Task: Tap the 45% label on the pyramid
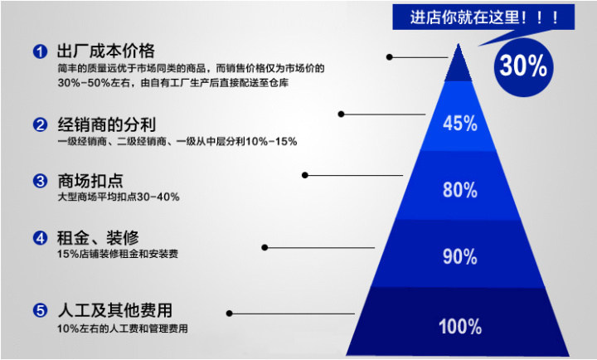(x=460, y=124)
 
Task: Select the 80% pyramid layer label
(x=460, y=189)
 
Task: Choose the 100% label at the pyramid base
(x=460, y=325)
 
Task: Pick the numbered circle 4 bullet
(x=39, y=238)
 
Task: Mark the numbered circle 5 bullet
(x=39, y=311)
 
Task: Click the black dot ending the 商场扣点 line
(x=305, y=175)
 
